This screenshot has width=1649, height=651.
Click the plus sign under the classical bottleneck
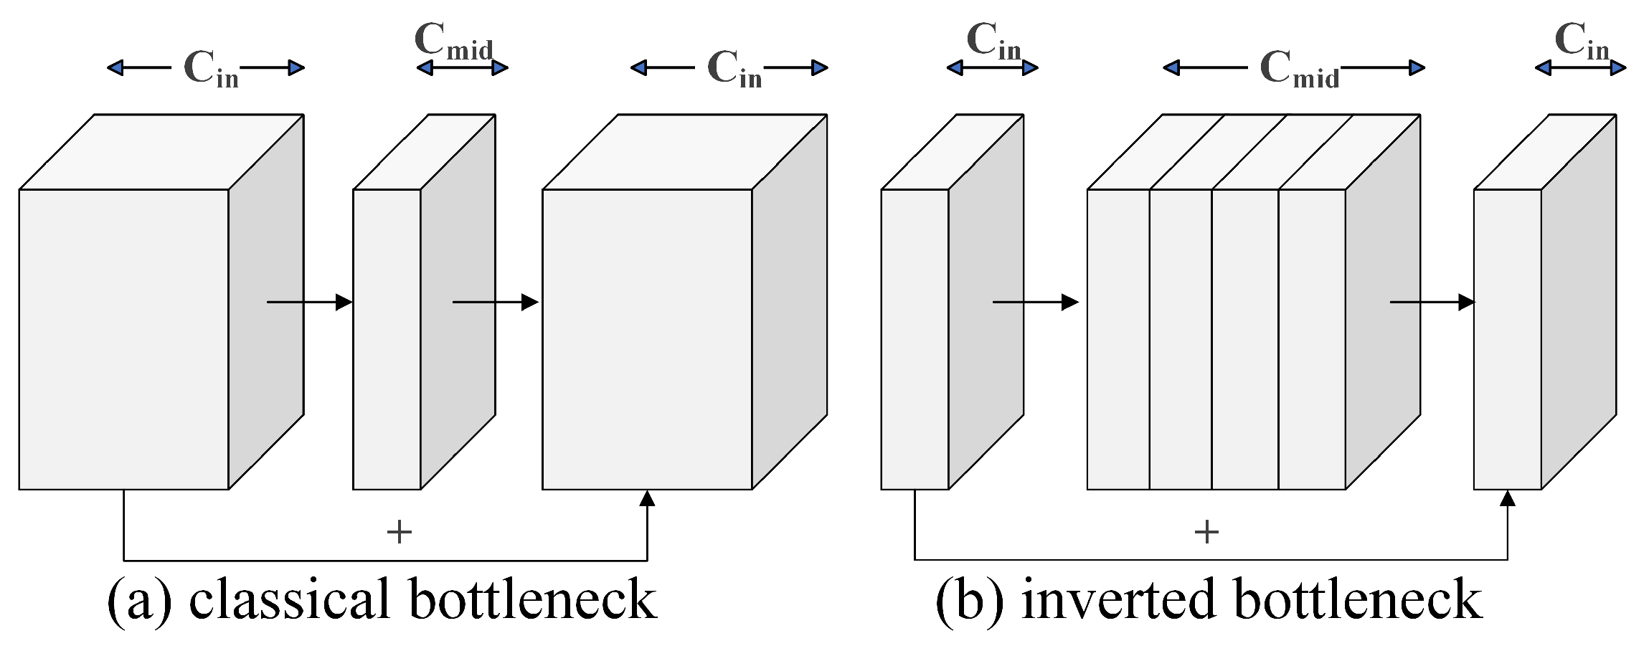click(x=399, y=532)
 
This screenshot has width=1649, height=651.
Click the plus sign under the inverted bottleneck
click(x=1206, y=532)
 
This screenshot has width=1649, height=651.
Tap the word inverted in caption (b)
click(x=1118, y=599)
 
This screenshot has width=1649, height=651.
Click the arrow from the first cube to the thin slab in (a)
click(x=308, y=303)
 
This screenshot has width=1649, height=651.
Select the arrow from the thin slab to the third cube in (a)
click(x=495, y=303)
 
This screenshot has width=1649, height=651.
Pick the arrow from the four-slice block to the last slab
click(x=1432, y=303)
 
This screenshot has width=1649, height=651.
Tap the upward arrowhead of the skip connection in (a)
click(x=647, y=499)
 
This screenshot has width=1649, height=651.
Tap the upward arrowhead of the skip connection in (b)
click(x=1507, y=499)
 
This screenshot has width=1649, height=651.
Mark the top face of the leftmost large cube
click(x=161, y=152)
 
